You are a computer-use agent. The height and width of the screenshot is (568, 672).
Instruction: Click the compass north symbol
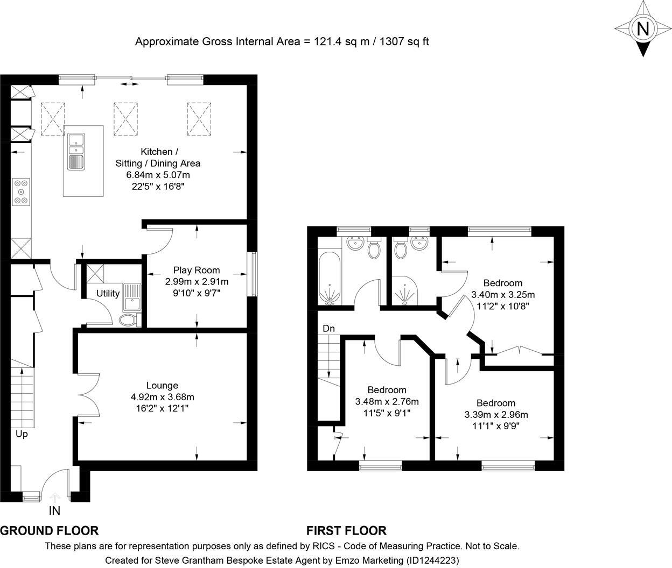[x=642, y=28]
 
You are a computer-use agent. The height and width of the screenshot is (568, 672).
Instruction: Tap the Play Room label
[x=196, y=270]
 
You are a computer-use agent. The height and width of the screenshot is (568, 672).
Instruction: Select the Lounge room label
[x=162, y=385]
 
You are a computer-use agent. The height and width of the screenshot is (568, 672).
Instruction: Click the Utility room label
[x=108, y=293]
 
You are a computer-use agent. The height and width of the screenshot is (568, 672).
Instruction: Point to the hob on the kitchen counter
[x=21, y=191]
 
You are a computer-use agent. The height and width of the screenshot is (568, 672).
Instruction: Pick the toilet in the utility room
[x=129, y=321]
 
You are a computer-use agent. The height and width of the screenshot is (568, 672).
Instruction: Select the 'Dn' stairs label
[x=328, y=328]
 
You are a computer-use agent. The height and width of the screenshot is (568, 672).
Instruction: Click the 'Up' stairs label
[x=22, y=434]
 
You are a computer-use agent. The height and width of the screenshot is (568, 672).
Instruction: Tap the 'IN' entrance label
[x=54, y=510]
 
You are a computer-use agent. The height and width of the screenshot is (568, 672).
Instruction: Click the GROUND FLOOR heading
[x=50, y=531]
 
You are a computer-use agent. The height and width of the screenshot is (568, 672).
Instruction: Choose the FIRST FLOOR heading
[x=346, y=531]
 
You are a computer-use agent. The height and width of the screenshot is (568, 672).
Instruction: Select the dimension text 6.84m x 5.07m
[x=158, y=175]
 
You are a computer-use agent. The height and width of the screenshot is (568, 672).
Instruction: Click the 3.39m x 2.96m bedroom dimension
[x=496, y=414]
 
